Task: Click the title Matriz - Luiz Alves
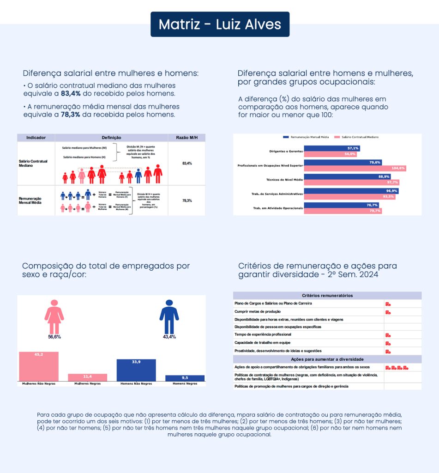(220, 24)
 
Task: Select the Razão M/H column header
(186, 138)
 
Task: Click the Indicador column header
(36, 138)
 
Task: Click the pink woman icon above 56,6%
(54, 316)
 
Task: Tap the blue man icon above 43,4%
(169, 316)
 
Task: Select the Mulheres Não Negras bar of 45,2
(39, 367)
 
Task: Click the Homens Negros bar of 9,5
(185, 378)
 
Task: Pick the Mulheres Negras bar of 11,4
(87, 377)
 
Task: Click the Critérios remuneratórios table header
(327, 296)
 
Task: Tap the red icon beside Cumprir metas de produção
(388, 312)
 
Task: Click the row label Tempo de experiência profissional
(263, 334)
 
